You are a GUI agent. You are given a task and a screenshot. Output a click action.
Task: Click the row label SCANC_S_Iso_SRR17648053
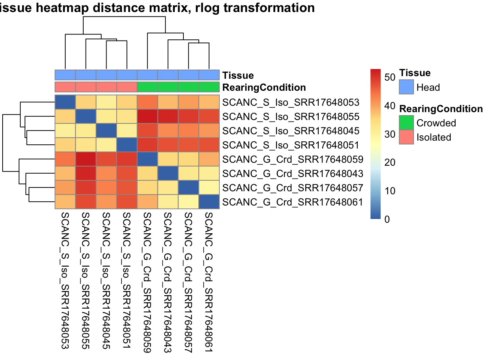pyautogui.click(x=291, y=102)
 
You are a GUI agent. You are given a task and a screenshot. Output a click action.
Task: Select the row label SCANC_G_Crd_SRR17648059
pyautogui.click(x=292, y=159)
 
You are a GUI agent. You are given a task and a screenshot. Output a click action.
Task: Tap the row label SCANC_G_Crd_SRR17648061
pyautogui.click(x=292, y=202)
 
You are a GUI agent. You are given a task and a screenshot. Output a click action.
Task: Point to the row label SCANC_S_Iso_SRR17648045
pyautogui.click(x=291, y=131)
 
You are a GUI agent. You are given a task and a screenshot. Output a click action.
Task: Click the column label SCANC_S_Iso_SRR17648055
pyautogui.click(x=86, y=280)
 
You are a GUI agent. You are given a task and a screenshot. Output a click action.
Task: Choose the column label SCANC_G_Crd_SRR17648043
pyautogui.click(x=168, y=282)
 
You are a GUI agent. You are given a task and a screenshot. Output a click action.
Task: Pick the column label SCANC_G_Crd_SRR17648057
pyautogui.click(x=189, y=282)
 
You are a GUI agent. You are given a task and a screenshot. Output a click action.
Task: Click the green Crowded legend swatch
pyautogui.click(x=406, y=123)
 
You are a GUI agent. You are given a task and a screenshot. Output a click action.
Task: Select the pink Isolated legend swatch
pyautogui.click(x=406, y=137)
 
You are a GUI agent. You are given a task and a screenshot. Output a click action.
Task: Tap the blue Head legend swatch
pyautogui.click(x=406, y=87)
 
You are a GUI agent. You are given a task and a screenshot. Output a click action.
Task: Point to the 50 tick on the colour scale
pyautogui.click(x=390, y=77)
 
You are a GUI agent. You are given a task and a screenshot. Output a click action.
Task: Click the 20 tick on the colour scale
pyautogui.click(x=390, y=162)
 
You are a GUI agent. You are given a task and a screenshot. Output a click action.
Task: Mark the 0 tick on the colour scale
pyautogui.click(x=387, y=219)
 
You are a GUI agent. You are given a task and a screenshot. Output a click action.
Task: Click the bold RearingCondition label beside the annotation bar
pyautogui.click(x=264, y=87)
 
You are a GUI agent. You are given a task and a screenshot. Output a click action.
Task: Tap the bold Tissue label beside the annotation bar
pyautogui.click(x=238, y=75)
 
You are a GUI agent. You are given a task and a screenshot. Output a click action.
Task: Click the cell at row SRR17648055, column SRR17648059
pyautogui.click(x=147, y=117)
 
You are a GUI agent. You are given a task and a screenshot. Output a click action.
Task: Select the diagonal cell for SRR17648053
pyautogui.click(x=65, y=102)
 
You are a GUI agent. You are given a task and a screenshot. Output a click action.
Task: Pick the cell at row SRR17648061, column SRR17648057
pyautogui.click(x=189, y=202)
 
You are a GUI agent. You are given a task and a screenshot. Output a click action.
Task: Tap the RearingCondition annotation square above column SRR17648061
pyautogui.click(x=209, y=87)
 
